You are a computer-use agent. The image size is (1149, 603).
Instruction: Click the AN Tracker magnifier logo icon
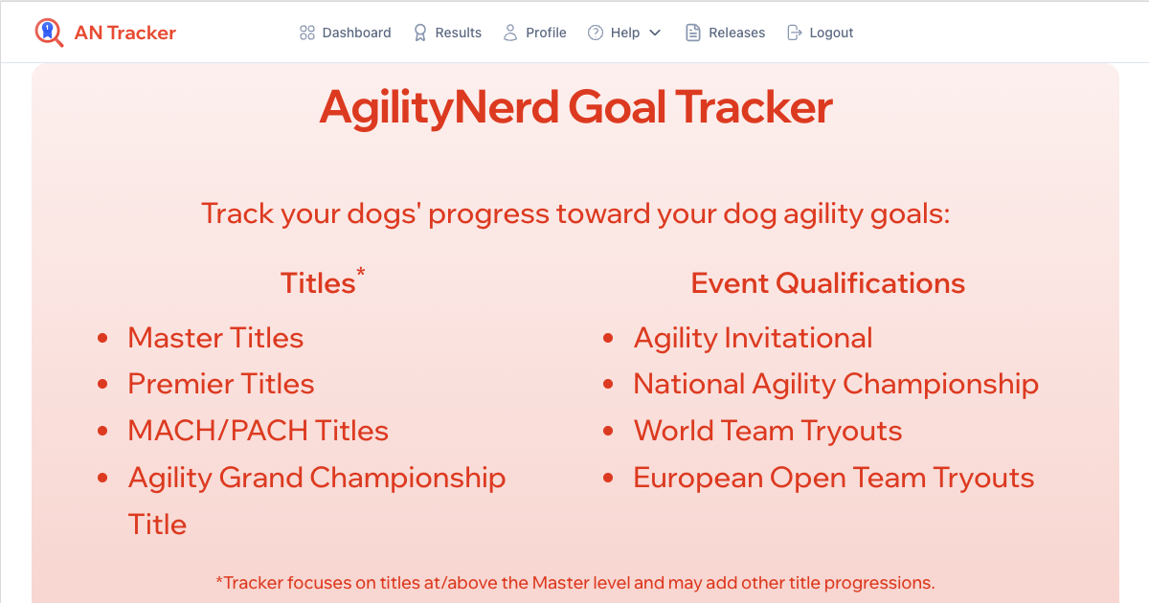[x=49, y=33]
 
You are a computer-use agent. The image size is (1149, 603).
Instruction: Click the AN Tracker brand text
[x=124, y=33]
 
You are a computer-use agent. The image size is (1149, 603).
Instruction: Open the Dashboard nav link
[x=346, y=33]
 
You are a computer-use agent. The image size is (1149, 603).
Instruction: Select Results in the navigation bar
[x=447, y=33]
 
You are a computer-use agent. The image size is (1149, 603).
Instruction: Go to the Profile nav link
[x=535, y=33]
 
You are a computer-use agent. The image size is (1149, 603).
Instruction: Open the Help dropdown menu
[x=623, y=33]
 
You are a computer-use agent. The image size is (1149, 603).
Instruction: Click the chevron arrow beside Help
[x=655, y=33]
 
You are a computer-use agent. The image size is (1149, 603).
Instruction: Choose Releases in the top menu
[x=726, y=33]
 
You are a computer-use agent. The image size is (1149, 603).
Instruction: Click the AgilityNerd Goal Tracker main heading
[x=575, y=106]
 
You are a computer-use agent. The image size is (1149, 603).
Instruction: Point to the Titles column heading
[x=317, y=283]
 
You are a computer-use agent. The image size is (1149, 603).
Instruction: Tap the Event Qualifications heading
[x=827, y=283]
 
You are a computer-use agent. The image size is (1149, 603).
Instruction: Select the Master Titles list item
[x=215, y=338]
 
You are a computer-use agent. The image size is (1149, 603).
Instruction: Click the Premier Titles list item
[x=221, y=384]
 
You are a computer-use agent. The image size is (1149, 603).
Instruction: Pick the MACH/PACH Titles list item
[x=259, y=431]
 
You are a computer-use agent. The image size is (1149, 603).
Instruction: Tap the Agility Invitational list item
[x=753, y=338]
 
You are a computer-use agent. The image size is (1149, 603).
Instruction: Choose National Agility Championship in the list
[x=836, y=384]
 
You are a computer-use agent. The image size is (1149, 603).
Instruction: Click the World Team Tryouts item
[x=768, y=431]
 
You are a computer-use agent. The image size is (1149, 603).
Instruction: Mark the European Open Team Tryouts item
[x=834, y=478]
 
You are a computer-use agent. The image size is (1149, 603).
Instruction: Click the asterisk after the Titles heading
[x=361, y=274]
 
